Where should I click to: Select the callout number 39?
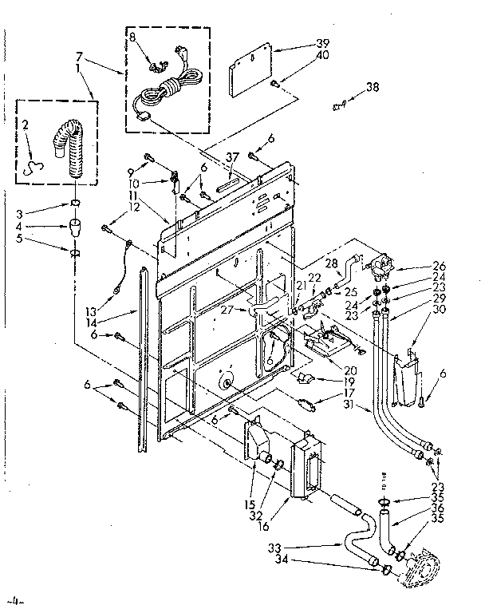(322, 45)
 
